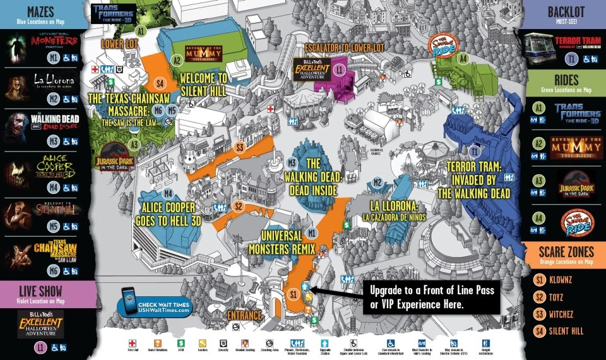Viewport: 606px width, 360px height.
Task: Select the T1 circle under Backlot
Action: (571, 59)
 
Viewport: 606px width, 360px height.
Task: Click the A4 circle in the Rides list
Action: (538, 219)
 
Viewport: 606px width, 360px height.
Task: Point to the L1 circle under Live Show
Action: (41, 347)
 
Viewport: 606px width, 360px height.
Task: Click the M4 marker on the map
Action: (168, 193)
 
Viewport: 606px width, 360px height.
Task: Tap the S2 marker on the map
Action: (239, 206)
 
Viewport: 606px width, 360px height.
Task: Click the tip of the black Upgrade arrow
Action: (311, 291)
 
